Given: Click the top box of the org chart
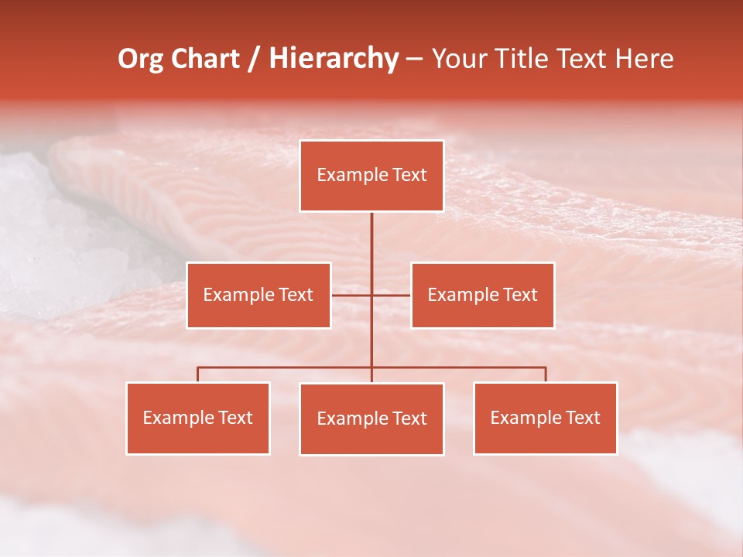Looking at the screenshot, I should pos(371,176).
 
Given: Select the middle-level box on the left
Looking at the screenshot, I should pos(259,295).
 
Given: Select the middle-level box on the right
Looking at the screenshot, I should pos(482,295).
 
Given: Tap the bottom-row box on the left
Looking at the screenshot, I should pos(198,418).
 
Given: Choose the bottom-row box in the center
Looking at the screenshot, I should pos(371,419).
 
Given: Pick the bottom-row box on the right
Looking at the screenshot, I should pos(545,418).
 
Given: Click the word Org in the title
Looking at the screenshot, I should pos(140,59).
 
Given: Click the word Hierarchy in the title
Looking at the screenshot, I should pos(334,59).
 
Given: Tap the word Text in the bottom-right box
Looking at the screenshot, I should pos(583,418).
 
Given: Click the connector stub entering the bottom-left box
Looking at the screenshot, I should pos(198,374).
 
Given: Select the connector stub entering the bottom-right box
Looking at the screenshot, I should pos(545,374).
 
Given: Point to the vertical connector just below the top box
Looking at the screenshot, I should pos(371,232).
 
